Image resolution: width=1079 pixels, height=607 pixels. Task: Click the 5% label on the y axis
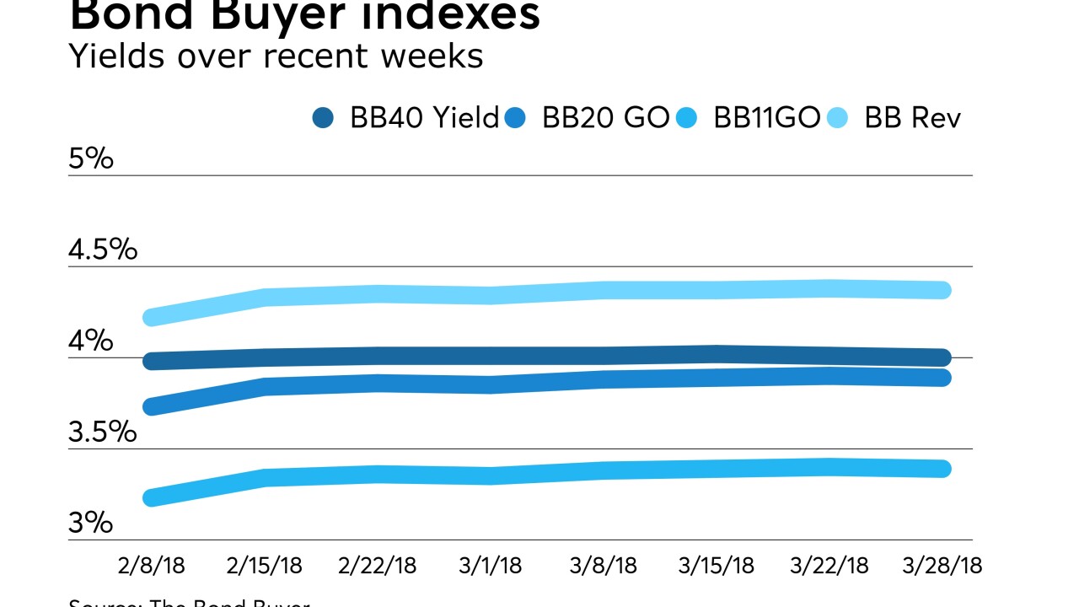click(90, 158)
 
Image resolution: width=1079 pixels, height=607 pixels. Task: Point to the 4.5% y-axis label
click(102, 250)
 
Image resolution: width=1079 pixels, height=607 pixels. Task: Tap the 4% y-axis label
click(90, 341)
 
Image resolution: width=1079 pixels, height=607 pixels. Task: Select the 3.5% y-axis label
click(102, 432)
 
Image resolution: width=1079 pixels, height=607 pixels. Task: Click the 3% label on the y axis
click(90, 523)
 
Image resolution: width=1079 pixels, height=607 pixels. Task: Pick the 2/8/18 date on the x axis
click(153, 565)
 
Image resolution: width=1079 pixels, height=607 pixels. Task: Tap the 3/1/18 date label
click(491, 565)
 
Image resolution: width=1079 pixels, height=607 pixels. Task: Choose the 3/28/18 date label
click(942, 565)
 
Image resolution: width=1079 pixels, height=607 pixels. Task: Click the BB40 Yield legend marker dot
click(323, 118)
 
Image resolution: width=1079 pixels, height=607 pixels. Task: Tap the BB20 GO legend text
click(605, 118)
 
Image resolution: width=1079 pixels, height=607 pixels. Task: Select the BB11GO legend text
click(766, 118)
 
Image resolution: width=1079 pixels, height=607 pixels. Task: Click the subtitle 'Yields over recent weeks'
click(276, 56)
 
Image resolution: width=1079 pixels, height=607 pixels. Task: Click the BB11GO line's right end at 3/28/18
click(942, 469)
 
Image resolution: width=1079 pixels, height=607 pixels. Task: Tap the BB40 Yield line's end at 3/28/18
click(942, 357)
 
